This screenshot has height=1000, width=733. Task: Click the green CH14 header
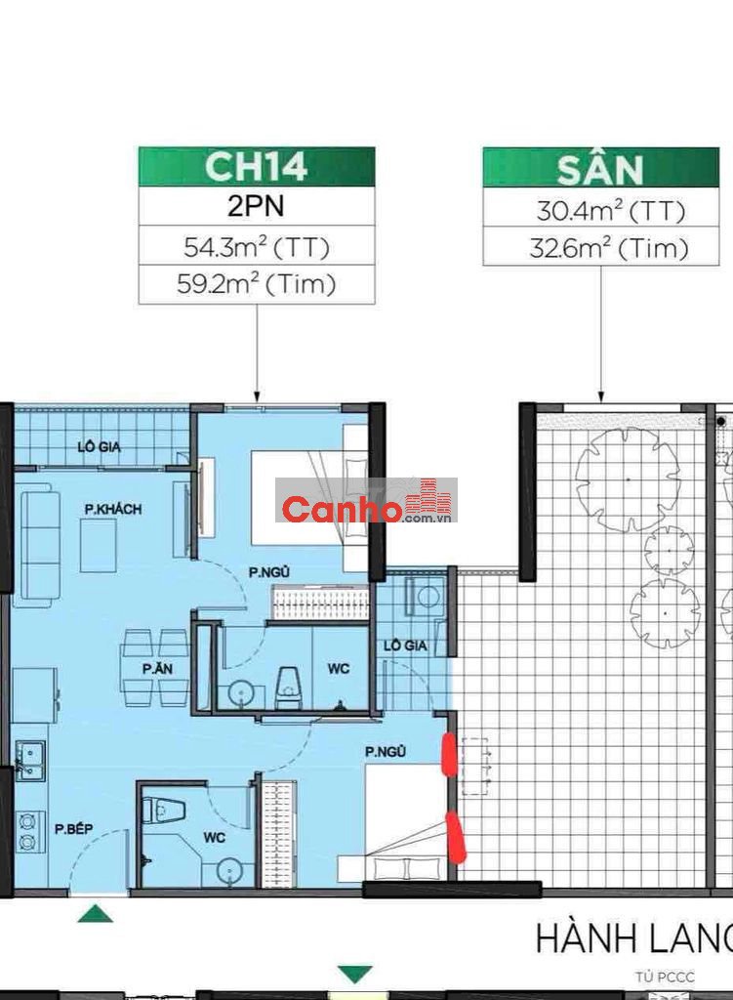257,166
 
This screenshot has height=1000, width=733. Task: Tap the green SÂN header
600,167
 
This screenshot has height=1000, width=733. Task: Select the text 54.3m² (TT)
257,247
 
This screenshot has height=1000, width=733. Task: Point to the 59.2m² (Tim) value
257,284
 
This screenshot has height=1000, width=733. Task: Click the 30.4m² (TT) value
610,211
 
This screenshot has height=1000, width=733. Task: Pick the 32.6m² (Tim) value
609,248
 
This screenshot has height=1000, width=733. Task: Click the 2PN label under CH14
257,206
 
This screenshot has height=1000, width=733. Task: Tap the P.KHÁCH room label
113,509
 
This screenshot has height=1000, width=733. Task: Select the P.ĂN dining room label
157,669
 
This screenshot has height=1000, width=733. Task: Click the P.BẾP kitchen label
73,829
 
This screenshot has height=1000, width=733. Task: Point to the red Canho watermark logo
367,501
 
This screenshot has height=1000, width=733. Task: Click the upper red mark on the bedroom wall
449,755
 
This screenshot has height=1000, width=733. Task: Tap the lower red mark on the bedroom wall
457,836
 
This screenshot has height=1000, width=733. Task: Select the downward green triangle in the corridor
355,974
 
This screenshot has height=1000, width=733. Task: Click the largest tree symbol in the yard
629,479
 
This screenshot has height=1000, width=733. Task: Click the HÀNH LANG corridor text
634,938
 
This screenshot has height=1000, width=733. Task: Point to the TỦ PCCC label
664,977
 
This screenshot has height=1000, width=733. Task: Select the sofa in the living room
36,545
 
